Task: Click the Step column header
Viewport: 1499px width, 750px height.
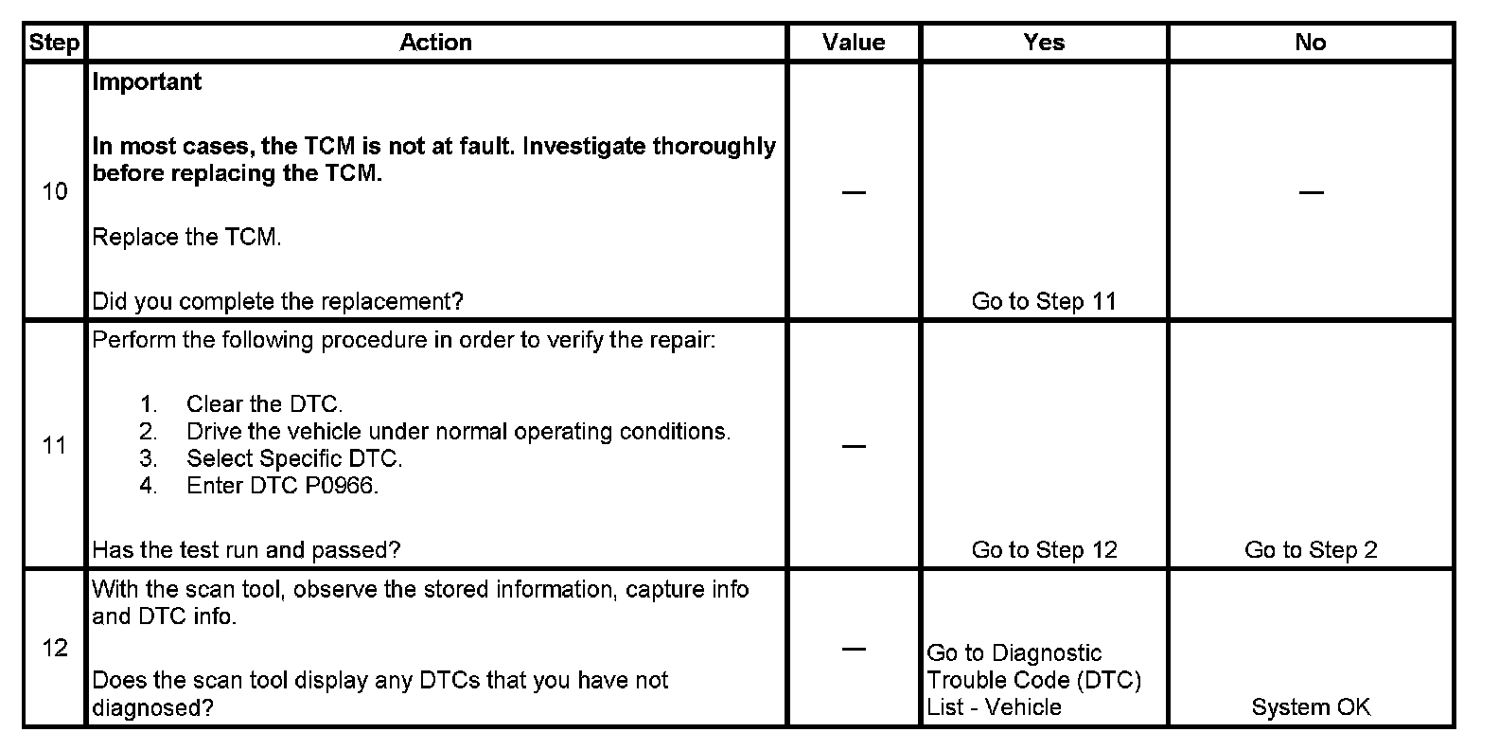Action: click(x=55, y=43)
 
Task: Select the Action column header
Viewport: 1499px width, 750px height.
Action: click(x=435, y=43)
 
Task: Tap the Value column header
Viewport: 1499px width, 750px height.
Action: click(x=854, y=43)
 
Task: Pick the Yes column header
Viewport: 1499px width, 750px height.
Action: click(x=1044, y=43)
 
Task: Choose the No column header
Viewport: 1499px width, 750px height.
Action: click(x=1311, y=43)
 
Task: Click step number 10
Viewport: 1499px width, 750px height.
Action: click(x=55, y=191)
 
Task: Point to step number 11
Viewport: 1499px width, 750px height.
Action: click(x=55, y=445)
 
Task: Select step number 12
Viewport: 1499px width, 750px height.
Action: click(x=55, y=648)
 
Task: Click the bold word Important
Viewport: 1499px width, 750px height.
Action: click(x=147, y=82)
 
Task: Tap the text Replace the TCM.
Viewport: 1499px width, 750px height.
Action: click(x=186, y=237)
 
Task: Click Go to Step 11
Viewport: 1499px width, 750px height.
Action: click(x=1044, y=301)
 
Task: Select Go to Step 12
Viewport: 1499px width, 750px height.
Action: click(x=1044, y=550)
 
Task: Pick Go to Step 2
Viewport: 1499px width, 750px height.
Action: click(x=1311, y=550)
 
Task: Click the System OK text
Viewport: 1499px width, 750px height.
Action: click(x=1311, y=707)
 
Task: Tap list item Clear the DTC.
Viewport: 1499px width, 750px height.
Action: click(x=264, y=404)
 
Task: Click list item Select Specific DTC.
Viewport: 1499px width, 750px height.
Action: click(x=294, y=458)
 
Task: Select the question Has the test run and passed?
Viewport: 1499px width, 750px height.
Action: click(x=246, y=550)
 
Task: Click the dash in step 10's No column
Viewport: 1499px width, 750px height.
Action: click(x=1311, y=192)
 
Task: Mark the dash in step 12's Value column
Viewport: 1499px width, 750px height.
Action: click(x=854, y=649)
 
